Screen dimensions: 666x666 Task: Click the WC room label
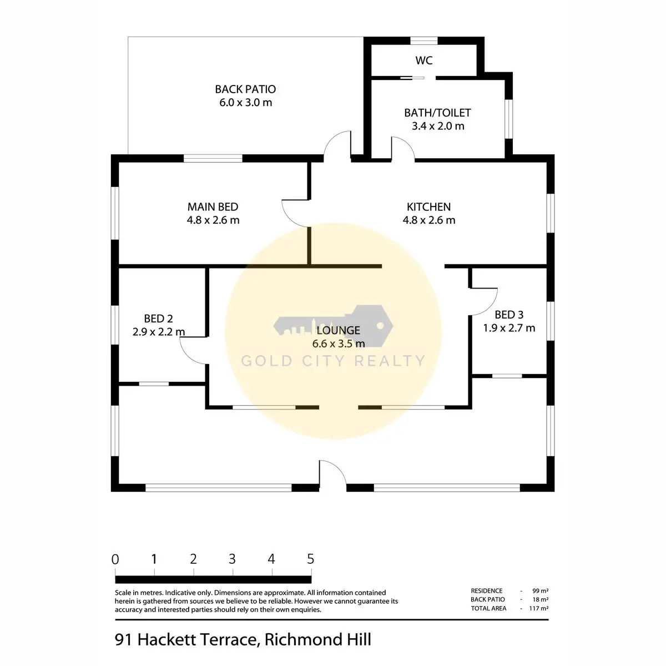pyautogui.click(x=423, y=60)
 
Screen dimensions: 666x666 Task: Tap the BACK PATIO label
pyautogui.click(x=245, y=89)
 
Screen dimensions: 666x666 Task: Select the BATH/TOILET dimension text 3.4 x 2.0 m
pyautogui.click(x=438, y=126)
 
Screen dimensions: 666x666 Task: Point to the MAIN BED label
pyautogui.click(x=213, y=207)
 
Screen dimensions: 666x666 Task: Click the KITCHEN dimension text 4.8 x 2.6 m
pyautogui.click(x=429, y=220)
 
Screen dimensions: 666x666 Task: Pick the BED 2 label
pyautogui.click(x=158, y=319)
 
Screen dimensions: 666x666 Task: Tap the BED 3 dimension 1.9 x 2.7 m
pyautogui.click(x=509, y=328)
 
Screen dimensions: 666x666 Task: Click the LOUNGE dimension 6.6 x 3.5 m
pyautogui.click(x=339, y=344)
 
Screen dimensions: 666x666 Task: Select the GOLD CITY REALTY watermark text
pyautogui.click(x=333, y=361)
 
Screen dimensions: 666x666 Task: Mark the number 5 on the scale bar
pyautogui.click(x=310, y=559)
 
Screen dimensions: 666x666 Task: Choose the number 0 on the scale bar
pyautogui.click(x=115, y=559)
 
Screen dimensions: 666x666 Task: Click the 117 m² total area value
pyautogui.click(x=538, y=608)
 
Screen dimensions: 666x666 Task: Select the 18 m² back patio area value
pyautogui.click(x=540, y=599)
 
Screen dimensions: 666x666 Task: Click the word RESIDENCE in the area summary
pyautogui.click(x=487, y=591)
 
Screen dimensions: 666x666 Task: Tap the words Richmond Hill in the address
pyautogui.click(x=317, y=640)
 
